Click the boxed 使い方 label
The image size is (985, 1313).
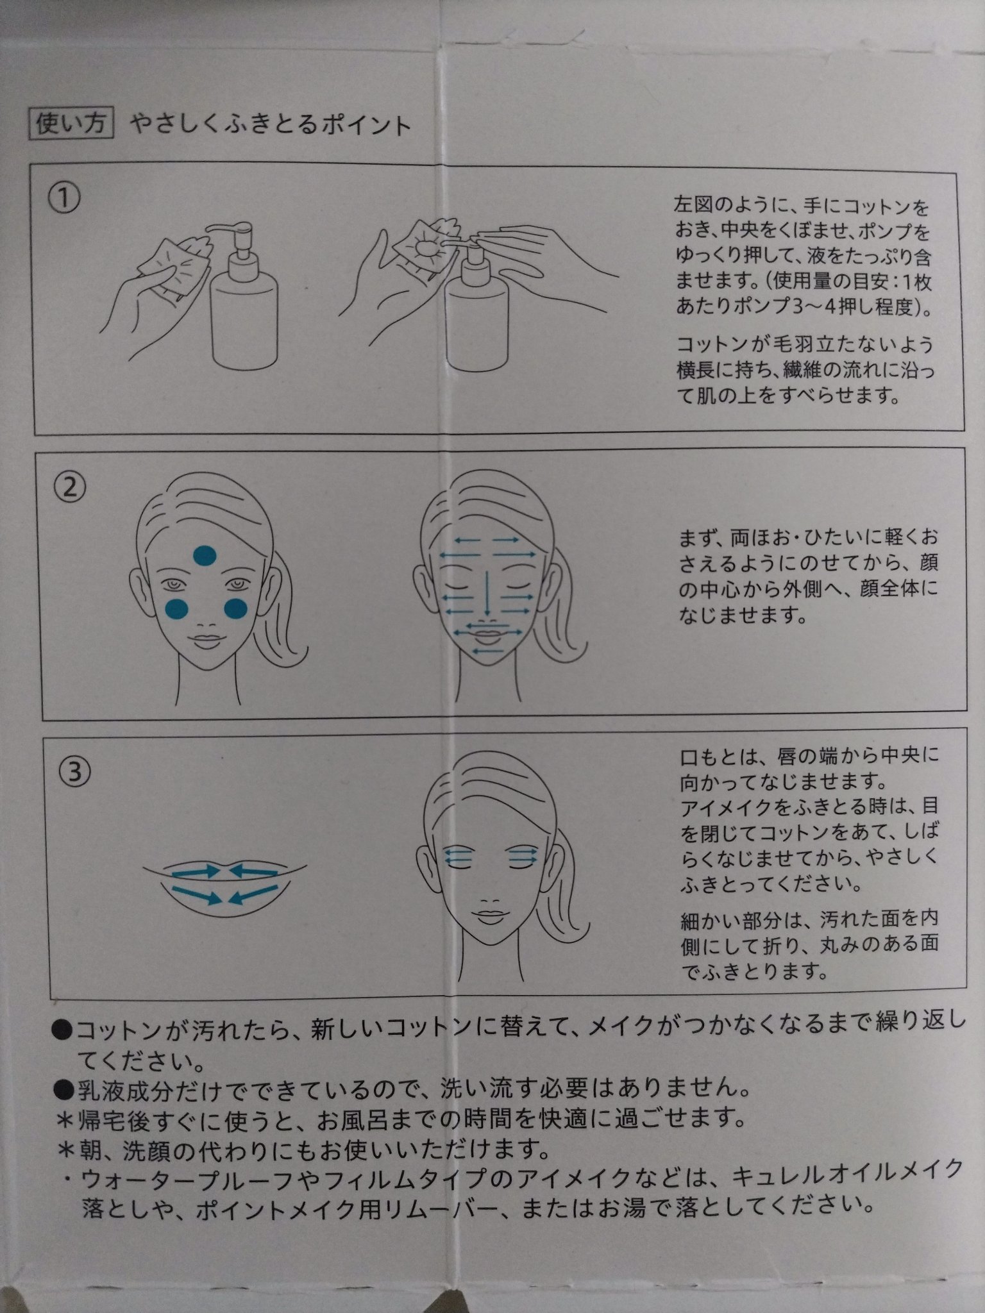71,124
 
